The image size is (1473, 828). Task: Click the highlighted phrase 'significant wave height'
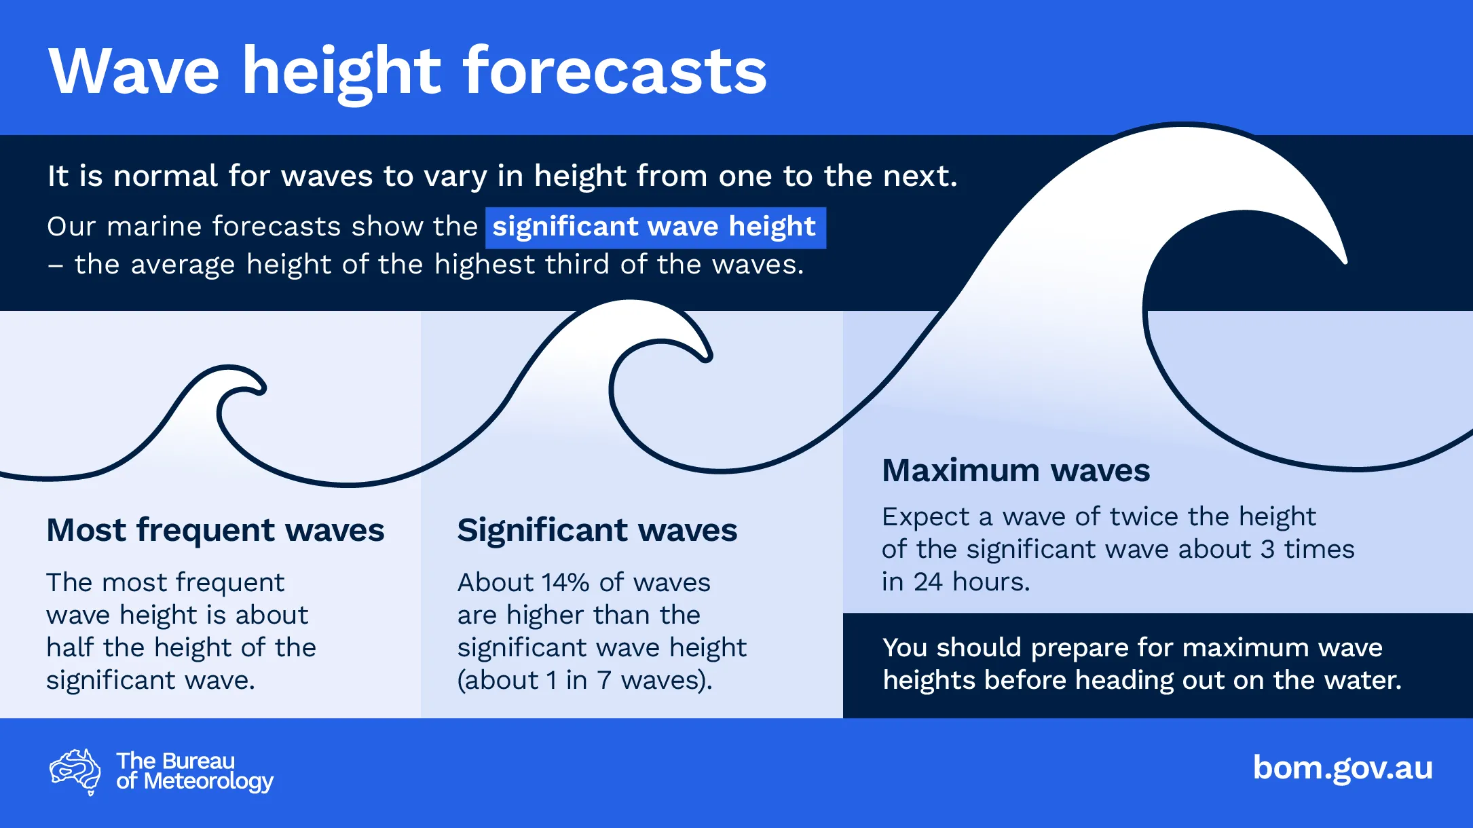[655, 227]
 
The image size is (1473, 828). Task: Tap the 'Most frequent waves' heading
[215, 530]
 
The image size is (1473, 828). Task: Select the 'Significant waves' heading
[597, 530]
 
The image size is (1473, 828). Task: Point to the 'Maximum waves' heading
[1015, 470]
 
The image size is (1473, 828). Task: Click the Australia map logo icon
[75, 772]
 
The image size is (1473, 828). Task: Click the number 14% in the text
[565, 582]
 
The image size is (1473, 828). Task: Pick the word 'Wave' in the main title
[134, 71]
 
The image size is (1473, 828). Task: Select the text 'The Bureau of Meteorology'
[195, 772]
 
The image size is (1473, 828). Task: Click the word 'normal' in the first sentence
[165, 176]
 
